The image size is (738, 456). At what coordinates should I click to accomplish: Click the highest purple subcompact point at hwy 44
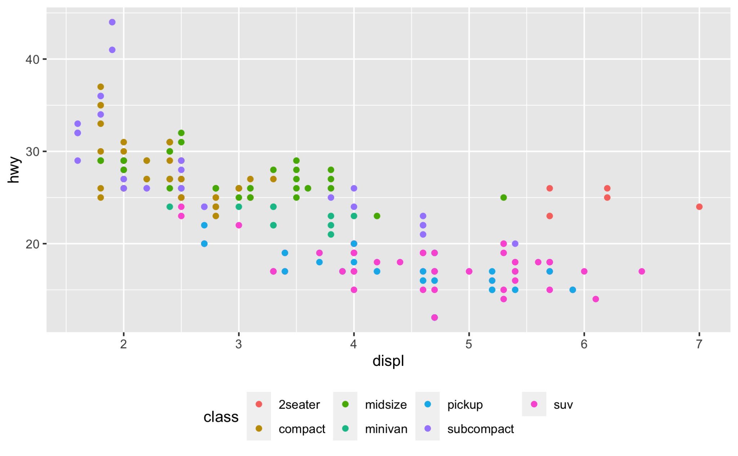click(112, 22)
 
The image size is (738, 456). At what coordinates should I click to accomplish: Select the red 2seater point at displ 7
click(699, 207)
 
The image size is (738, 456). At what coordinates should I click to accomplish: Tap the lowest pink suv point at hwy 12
click(435, 318)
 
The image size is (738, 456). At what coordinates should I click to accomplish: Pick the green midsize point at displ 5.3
click(504, 198)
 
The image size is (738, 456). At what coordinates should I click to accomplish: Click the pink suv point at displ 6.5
click(642, 271)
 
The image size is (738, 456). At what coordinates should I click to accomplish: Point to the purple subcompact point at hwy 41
click(112, 50)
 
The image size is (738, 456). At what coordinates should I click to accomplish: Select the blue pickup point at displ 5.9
click(573, 290)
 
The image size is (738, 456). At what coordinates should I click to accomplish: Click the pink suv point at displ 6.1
click(596, 299)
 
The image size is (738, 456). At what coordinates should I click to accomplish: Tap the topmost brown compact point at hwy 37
click(101, 87)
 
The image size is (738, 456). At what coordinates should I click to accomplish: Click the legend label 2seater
click(299, 405)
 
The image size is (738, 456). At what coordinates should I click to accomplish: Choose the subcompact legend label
click(480, 429)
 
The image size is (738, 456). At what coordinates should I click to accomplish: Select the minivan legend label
click(386, 429)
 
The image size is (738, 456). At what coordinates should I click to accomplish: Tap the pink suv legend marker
click(534, 404)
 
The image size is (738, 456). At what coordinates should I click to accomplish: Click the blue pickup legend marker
click(427, 404)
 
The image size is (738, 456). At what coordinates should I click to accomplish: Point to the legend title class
click(221, 417)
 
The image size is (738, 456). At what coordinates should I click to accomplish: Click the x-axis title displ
click(388, 361)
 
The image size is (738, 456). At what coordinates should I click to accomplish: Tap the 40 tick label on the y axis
click(32, 59)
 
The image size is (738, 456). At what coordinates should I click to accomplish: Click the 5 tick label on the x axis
click(468, 344)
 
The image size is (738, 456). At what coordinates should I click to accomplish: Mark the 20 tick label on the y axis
click(32, 244)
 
